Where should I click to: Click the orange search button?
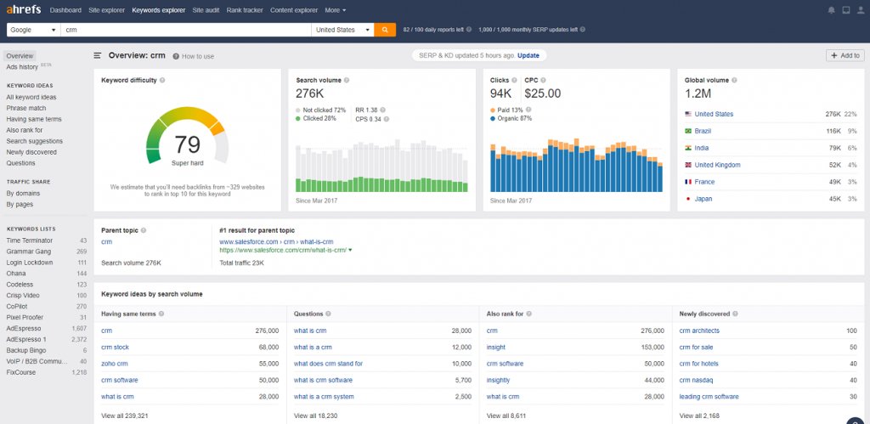pos(385,29)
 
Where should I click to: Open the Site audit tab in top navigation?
pos(205,10)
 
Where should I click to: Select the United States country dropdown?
pos(342,29)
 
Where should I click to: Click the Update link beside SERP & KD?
pos(528,55)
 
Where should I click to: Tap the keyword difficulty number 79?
pos(187,144)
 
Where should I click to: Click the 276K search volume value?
pos(310,93)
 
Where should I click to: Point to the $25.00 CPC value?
pos(543,93)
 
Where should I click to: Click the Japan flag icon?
pos(688,199)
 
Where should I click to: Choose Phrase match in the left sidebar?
pos(26,108)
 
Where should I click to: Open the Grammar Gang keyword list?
pos(30,252)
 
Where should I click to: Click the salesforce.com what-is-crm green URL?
pos(283,251)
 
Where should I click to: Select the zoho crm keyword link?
pos(114,364)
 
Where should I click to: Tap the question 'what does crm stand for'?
pos(328,364)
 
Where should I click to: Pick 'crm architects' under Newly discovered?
pos(699,331)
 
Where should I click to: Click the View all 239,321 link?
pos(125,416)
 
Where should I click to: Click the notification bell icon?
pos(831,10)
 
